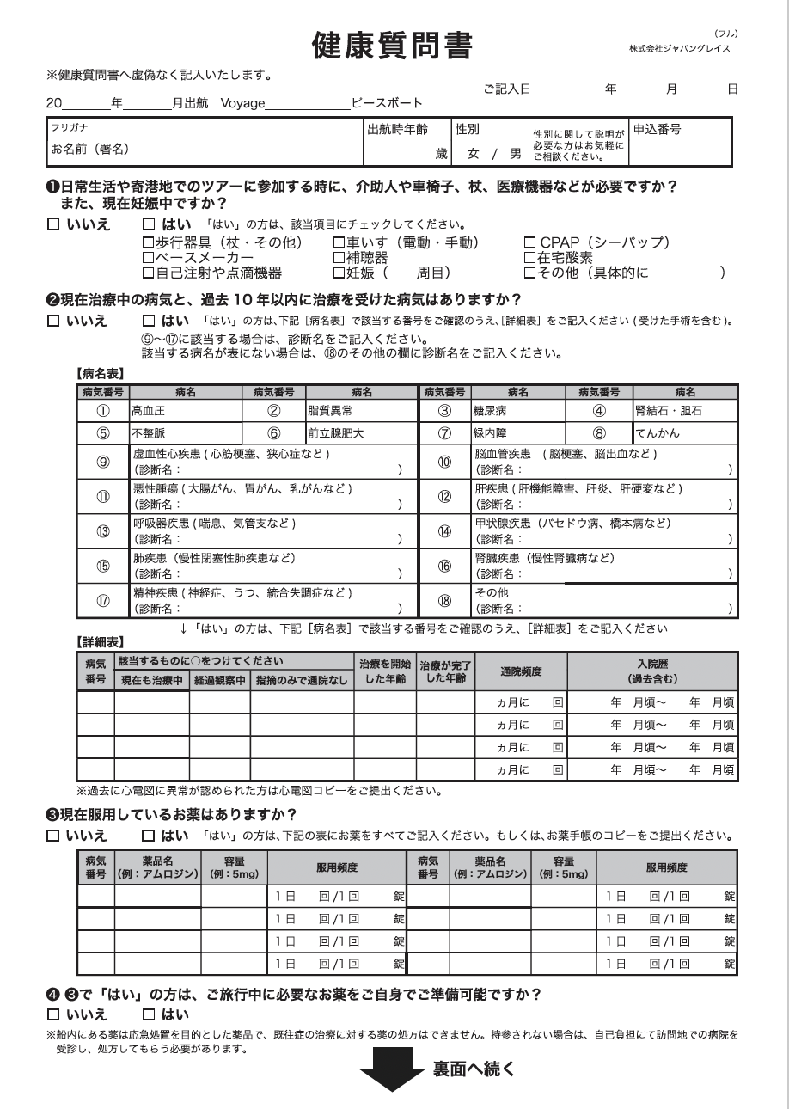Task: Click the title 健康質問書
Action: (x=394, y=46)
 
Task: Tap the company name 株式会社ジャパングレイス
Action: (x=680, y=48)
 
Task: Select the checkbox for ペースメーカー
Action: (x=148, y=258)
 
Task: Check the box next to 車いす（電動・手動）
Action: (x=339, y=243)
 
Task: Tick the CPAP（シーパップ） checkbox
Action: (x=529, y=243)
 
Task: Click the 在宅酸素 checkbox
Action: (x=529, y=258)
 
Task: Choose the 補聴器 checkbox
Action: (x=339, y=258)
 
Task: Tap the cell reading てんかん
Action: (x=657, y=433)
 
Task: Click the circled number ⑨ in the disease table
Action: (x=102, y=462)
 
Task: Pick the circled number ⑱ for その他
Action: (x=444, y=601)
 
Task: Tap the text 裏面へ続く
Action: (x=474, y=1069)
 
